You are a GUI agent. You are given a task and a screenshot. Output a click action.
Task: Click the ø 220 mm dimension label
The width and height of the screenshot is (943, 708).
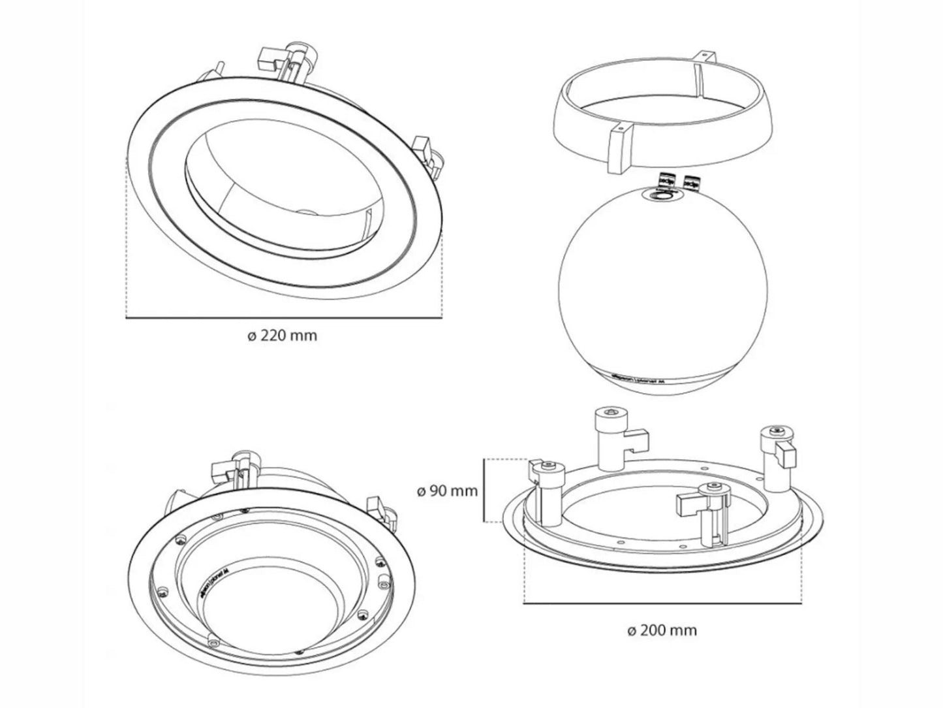(x=283, y=336)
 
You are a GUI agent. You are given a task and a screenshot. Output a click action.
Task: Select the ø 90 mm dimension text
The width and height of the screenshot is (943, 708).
(x=447, y=490)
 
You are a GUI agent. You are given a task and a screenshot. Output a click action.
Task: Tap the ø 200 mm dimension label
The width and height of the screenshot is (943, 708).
(x=661, y=630)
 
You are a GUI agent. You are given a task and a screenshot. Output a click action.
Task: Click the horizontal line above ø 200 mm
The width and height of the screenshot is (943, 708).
(x=662, y=603)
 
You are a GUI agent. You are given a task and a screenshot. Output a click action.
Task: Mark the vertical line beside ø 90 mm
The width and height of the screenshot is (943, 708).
(x=484, y=491)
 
